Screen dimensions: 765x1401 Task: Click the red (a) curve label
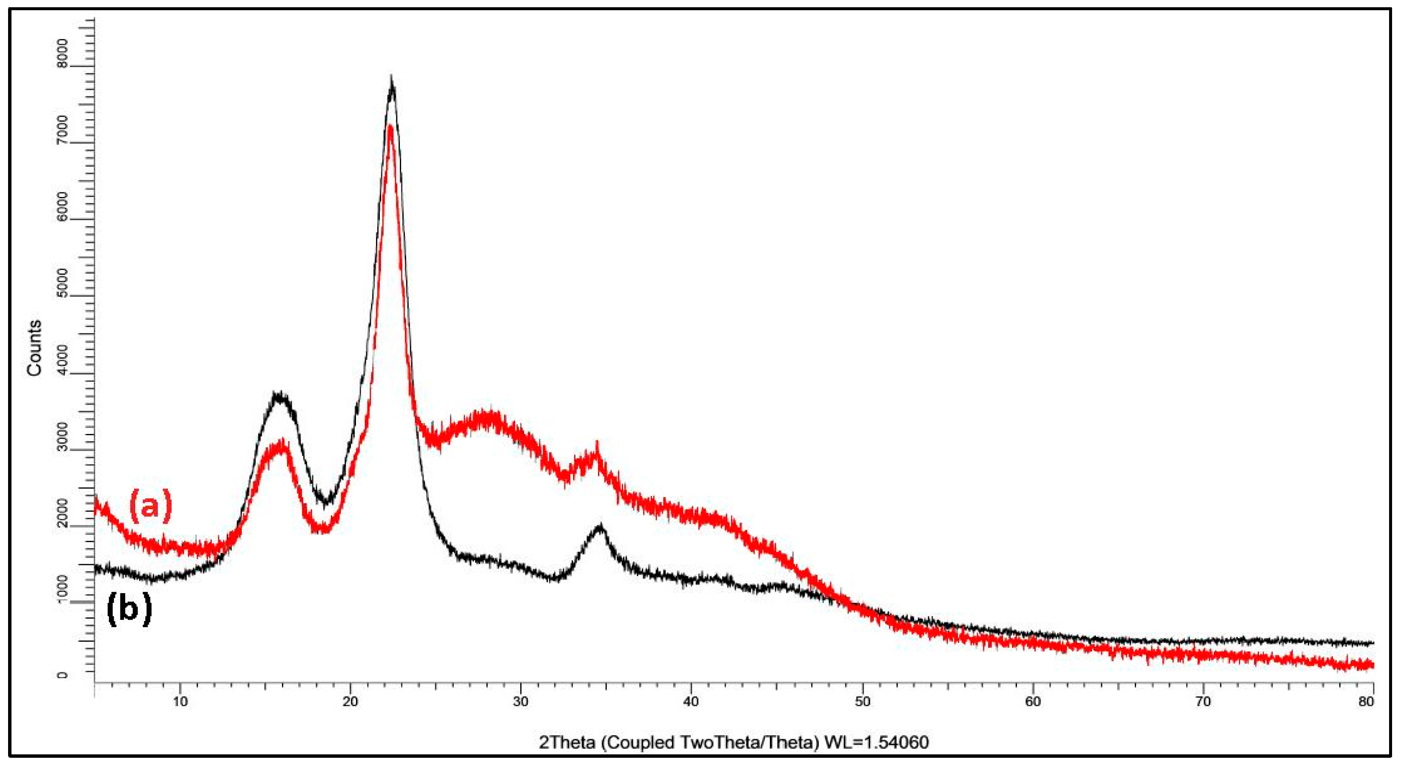tap(151, 505)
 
